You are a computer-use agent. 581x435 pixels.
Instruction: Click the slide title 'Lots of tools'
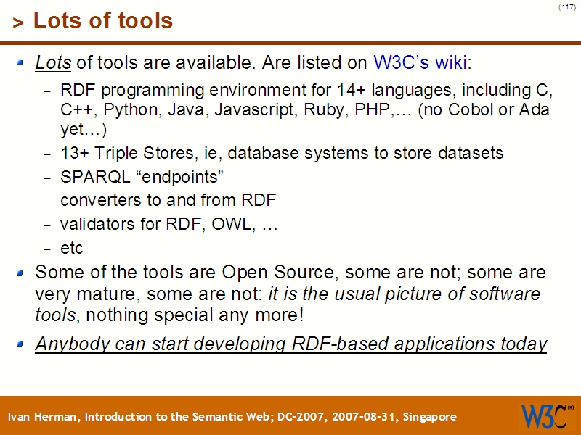click(102, 21)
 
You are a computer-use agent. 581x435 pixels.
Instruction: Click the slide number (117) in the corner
click(566, 7)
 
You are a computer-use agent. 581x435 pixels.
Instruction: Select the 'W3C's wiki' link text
click(419, 62)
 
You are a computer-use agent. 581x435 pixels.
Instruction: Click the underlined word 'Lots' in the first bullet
click(52, 62)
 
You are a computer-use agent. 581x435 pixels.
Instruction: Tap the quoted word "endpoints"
click(178, 178)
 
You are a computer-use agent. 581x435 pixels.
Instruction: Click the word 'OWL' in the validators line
click(230, 224)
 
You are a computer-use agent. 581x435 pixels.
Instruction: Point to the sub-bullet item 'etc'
click(71, 248)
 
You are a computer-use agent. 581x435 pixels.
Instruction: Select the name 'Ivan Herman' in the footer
click(44, 417)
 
